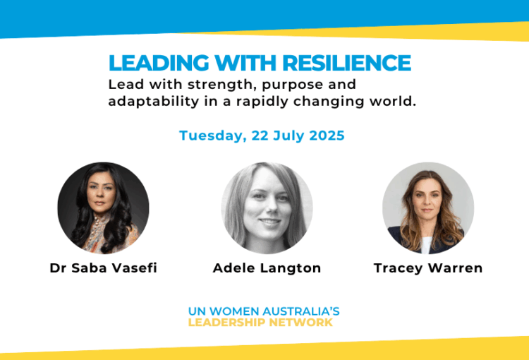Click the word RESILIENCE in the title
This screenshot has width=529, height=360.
pos(346,63)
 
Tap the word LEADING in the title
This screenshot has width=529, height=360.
pos(159,63)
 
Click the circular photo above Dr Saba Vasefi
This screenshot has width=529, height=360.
pos(103,208)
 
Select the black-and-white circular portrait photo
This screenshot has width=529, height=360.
pos(267,208)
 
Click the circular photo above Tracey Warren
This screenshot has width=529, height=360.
pos(428,208)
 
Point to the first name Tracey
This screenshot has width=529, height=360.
pos(399,268)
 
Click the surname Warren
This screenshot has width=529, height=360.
pos(456,268)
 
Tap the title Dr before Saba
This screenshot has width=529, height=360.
pos(58,268)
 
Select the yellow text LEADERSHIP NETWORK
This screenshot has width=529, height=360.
pos(260,322)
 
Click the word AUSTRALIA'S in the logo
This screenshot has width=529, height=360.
pos(301,311)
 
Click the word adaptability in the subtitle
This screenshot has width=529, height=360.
pos(154,102)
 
